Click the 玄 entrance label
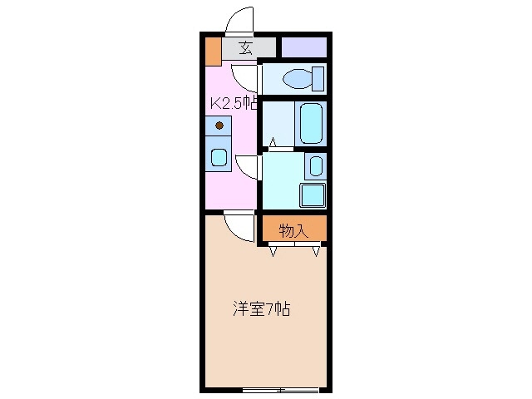click(x=246, y=47)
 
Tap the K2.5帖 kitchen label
click(x=234, y=104)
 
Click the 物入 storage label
click(x=293, y=230)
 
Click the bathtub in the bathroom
click(x=310, y=123)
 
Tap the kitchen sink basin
click(x=219, y=157)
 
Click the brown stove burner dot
click(x=219, y=126)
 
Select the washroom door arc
click(x=247, y=166)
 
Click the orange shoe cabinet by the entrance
click(x=213, y=51)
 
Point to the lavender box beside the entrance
click(x=303, y=47)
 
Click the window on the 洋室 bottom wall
click(x=280, y=389)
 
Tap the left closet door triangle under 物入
click(x=273, y=251)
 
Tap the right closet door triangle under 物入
click(x=315, y=251)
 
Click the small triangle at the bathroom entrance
click(x=271, y=144)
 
